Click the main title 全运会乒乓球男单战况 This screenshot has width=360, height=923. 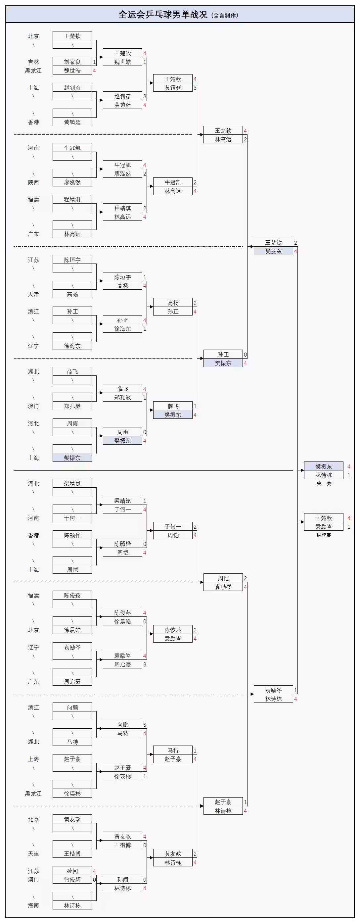163,15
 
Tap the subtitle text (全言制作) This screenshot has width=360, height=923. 225,16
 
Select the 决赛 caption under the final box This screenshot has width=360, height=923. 324,483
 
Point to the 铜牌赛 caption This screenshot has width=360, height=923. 324,535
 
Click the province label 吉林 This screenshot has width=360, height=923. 33,62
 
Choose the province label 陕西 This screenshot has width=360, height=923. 33,182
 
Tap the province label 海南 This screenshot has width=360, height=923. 33,905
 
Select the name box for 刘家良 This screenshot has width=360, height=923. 72,62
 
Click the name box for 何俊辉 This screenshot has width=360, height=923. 72,880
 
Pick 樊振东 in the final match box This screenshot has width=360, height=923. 324,466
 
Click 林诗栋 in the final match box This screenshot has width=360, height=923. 324,475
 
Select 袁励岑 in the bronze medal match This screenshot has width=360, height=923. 324,527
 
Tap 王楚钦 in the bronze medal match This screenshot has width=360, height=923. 324,518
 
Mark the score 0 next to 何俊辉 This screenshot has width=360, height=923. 95,880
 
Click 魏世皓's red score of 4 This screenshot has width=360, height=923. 95,71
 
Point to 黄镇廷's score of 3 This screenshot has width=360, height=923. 195,88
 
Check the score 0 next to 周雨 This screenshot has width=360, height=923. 145,432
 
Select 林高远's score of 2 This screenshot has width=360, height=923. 246,139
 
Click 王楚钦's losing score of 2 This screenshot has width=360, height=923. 295,243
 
